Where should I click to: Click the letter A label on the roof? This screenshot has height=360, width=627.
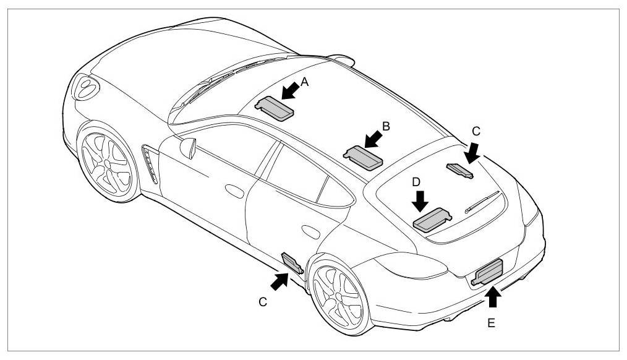(x=304, y=80)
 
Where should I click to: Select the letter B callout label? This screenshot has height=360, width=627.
(x=386, y=127)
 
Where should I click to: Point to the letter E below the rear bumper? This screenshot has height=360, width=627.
(x=491, y=323)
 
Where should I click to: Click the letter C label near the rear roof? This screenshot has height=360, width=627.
(x=476, y=131)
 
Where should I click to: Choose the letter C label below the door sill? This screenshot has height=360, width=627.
(x=263, y=302)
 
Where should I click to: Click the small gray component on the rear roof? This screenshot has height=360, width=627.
(x=460, y=169)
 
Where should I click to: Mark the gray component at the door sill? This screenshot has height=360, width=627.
(x=292, y=262)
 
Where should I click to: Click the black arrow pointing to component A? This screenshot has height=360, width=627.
(x=290, y=90)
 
